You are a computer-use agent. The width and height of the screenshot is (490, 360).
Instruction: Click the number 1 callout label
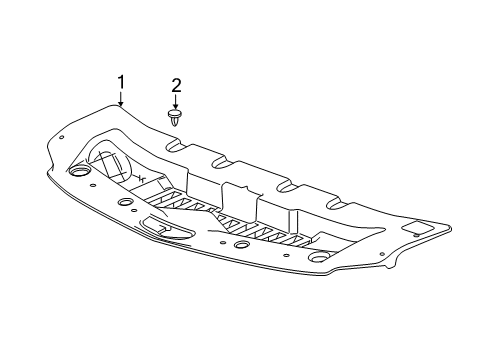click(x=121, y=82)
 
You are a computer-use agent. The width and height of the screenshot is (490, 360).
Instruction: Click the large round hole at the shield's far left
click(x=79, y=173)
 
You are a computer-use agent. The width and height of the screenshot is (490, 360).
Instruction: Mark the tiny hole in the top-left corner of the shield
click(x=62, y=136)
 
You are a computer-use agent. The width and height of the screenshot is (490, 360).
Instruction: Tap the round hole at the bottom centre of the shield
click(x=241, y=245)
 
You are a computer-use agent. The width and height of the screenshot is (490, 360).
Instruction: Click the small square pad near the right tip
click(x=421, y=232)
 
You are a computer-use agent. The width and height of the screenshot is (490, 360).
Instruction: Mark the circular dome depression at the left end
click(x=108, y=160)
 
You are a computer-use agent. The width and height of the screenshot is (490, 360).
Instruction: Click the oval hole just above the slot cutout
click(x=126, y=202)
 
